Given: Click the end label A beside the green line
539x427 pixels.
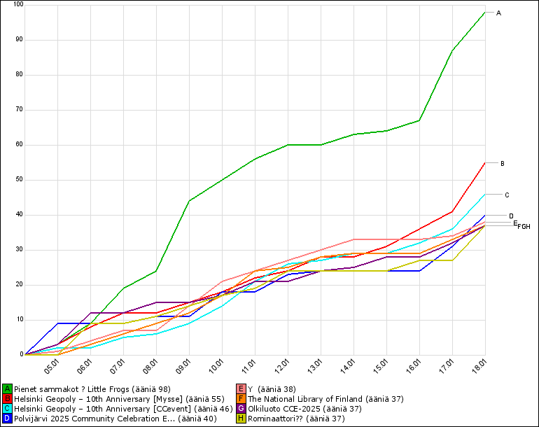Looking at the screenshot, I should click(x=498, y=13).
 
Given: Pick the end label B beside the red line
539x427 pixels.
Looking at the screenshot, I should click(x=503, y=164).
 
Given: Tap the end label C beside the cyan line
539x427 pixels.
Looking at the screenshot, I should click(x=507, y=195).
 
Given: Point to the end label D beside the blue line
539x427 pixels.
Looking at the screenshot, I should click(x=511, y=216).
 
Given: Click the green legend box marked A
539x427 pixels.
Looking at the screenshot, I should click(x=7, y=388).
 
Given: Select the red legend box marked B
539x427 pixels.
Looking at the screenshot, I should click(x=7, y=398).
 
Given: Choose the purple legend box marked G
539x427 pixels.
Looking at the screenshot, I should click(x=241, y=408).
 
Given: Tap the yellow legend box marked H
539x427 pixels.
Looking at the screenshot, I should click(x=241, y=418).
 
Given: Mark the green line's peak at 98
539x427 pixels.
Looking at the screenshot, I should click(x=484, y=12).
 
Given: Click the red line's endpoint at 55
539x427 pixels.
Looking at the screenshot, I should click(x=484, y=162).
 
